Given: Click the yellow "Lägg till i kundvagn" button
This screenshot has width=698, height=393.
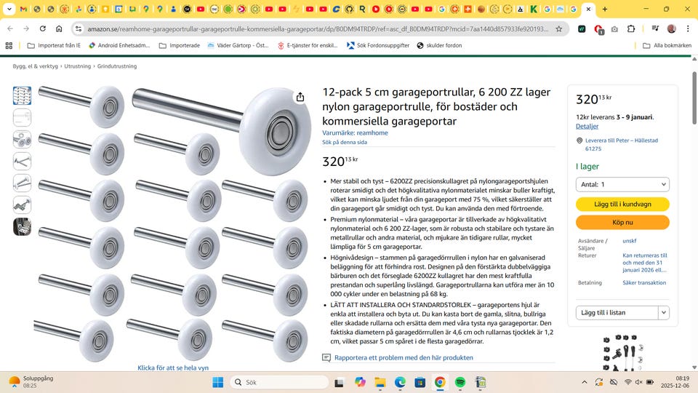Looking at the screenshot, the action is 622,204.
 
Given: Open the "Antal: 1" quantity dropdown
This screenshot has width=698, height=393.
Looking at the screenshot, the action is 622,184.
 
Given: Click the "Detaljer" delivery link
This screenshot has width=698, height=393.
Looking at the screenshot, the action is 587,126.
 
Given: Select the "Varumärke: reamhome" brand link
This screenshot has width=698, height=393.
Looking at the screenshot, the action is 355,132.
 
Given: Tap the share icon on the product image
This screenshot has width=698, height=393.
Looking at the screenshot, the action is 300,97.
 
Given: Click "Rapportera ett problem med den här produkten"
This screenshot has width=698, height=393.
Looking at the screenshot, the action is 404,357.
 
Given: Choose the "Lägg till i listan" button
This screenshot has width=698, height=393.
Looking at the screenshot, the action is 617,312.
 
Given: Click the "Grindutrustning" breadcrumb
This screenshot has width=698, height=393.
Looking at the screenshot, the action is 117,66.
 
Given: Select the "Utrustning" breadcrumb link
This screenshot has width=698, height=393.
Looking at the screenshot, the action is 78,66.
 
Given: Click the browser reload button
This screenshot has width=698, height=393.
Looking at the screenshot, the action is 43,28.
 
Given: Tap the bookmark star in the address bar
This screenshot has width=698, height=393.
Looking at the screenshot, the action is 558,29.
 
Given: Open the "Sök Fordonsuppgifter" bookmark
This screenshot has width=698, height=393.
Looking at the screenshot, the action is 378,45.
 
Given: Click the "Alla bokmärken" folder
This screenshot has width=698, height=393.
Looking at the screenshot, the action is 667,45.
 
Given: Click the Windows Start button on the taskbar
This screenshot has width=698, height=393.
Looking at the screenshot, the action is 217,382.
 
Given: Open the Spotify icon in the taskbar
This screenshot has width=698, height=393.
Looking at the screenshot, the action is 460,382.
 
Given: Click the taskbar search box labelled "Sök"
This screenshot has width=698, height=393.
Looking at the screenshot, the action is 279,382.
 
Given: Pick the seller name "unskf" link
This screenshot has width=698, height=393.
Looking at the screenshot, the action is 629,241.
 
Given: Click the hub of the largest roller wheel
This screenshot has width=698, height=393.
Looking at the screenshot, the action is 279,132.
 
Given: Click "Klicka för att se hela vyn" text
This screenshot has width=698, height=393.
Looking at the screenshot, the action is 173,368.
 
